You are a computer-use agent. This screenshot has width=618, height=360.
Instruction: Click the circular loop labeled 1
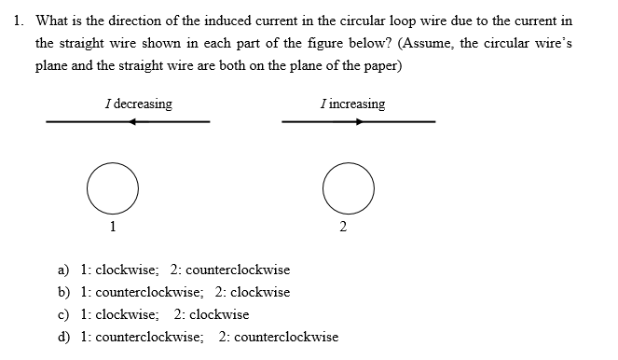click(113, 187)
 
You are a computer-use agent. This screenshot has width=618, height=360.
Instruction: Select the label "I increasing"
click(351, 104)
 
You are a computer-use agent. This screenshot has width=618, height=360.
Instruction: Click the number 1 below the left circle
click(113, 226)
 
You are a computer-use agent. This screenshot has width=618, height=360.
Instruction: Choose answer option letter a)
click(64, 270)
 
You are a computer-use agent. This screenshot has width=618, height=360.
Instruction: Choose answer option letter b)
click(64, 292)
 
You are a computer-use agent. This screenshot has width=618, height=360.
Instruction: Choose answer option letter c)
click(64, 314)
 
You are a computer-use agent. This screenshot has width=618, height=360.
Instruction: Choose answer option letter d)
click(64, 337)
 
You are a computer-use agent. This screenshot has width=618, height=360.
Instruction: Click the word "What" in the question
click(51, 21)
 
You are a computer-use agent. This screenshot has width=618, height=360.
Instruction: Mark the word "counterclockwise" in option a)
click(238, 270)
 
